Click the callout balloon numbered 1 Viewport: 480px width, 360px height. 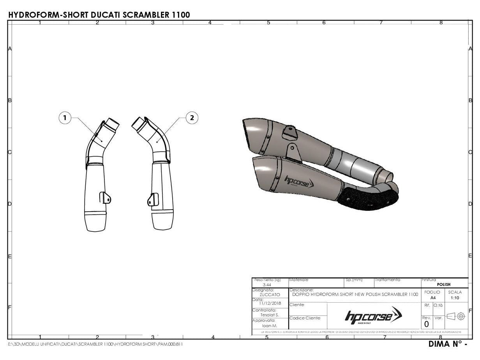pyautogui.click(x=65, y=118)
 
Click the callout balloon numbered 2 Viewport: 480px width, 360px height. pyautogui.click(x=192, y=118)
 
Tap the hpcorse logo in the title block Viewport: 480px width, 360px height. pyautogui.click(x=373, y=315)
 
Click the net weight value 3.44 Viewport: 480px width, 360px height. pyautogui.click(x=267, y=285)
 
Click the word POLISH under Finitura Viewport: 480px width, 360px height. pyautogui.click(x=444, y=284)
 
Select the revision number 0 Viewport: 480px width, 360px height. pyautogui.click(x=426, y=324)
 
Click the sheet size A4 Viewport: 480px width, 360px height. pyautogui.click(x=432, y=297)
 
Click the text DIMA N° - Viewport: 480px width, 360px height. pyautogui.click(x=447, y=344)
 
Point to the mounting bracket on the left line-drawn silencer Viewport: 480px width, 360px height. pyautogui.click(x=105, y=198)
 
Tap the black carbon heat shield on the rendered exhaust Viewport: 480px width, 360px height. pyautogui.click(x=366, y=199)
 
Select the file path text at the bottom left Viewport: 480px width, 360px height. pyautogui.click(x=95, y=344)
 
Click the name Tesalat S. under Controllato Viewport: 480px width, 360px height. pyautogui.click(x=270, y=315)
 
